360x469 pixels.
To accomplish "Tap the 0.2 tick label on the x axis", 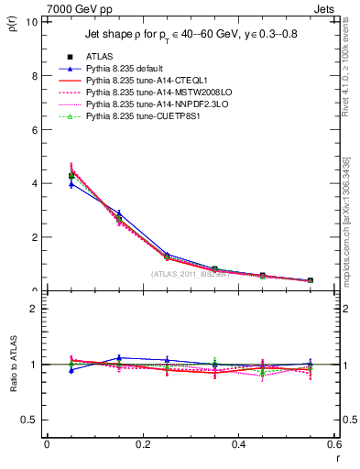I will pyautogui.click(x=142, y=444).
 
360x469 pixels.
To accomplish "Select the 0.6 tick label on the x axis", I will pyautogui.click(x=334, y=444).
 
